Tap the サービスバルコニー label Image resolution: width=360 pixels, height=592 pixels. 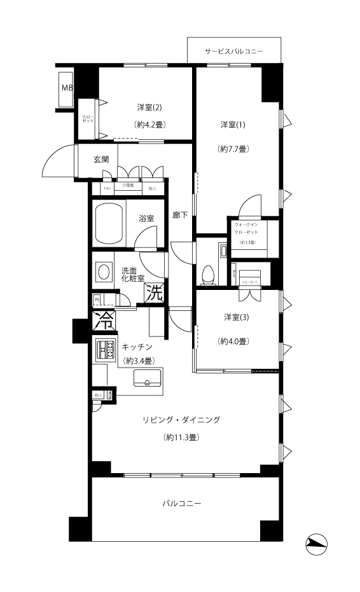(234, 52)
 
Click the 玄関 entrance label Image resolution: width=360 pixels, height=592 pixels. (101, 159)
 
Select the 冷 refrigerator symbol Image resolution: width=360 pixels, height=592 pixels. (103, 320)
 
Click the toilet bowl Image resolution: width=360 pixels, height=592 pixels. (207, 275)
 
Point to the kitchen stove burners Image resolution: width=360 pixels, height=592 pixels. (106, 349)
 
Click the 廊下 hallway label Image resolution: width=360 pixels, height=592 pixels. (181, 216)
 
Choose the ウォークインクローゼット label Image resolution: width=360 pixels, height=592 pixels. (247, 229)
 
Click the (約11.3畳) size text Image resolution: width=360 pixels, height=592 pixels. (181, 437)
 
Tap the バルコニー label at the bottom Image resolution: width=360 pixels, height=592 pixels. (181, 503)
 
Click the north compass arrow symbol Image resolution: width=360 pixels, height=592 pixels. (315, 542)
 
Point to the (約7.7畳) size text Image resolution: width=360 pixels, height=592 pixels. (233, 149)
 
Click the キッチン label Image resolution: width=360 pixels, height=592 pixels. (137, 347)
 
